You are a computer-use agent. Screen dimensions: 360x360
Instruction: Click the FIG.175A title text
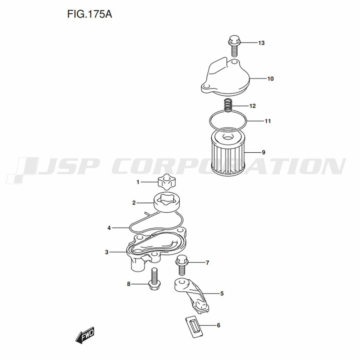(90, 14)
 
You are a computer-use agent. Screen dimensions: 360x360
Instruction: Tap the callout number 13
(261, 43)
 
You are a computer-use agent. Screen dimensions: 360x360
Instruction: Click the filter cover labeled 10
(225, 77)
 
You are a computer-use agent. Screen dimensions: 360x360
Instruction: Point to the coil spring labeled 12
(228, 105)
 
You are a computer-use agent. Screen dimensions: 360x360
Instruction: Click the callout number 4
(109, 228)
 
